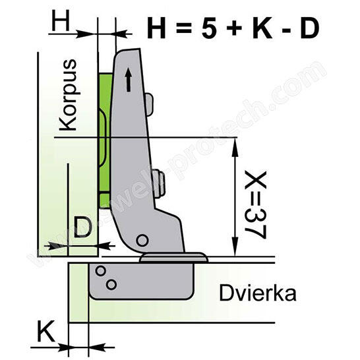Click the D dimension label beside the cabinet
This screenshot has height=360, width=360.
(82, 228)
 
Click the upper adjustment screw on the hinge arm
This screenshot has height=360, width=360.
(151, 102)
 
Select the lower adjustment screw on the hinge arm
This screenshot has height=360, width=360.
(158, 177)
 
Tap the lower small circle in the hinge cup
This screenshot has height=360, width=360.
(110, 284)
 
